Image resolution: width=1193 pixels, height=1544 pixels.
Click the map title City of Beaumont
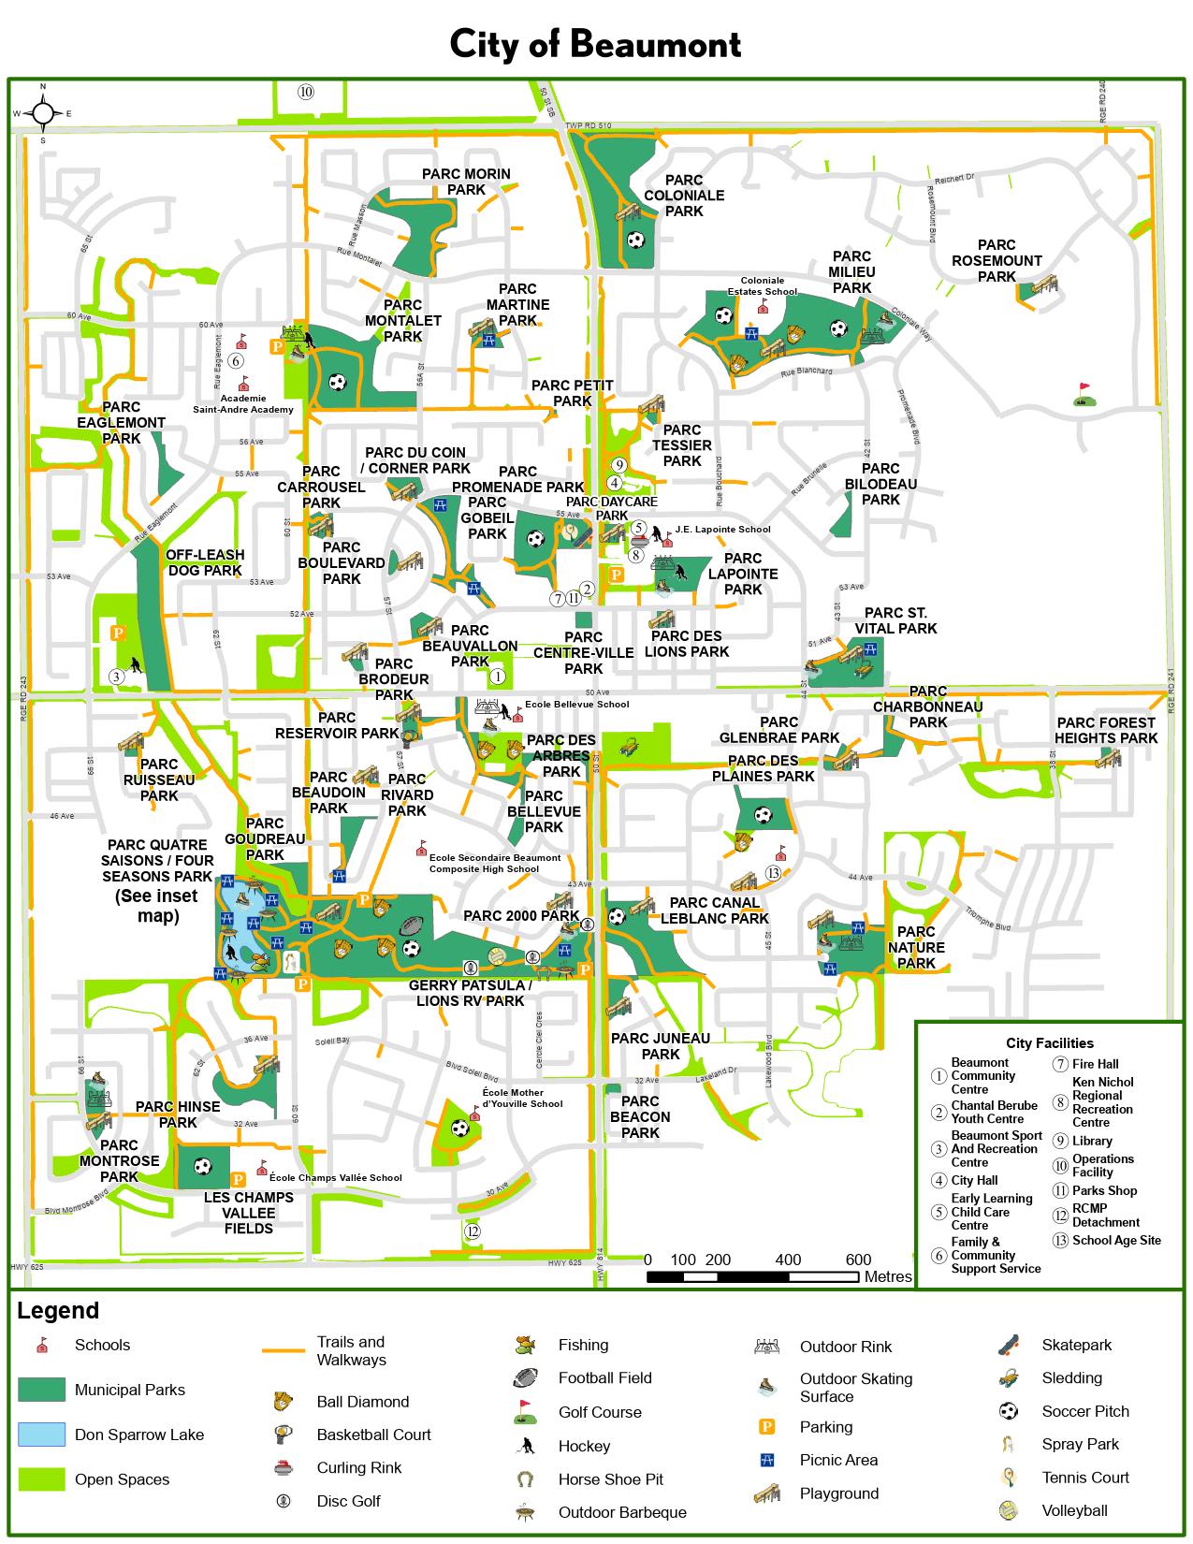[x=595, y=44]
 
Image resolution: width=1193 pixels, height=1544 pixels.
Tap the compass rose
[x=43, y=114]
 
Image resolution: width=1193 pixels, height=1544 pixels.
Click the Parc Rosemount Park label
[x=997, y=261]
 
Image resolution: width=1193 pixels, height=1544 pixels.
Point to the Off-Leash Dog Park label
[x=204, y=562]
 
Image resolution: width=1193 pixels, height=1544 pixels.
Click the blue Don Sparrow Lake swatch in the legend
[x=41, y=1435]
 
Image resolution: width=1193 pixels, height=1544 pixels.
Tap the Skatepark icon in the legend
[x=1008, y=1345]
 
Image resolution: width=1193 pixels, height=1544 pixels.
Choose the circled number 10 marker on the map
[x=305, y=92]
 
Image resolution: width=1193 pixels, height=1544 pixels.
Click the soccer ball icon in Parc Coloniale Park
[x=636, y=240]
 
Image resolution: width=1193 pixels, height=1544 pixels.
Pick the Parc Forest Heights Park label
[x=1106, y=730]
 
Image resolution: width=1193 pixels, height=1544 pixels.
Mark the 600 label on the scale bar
[x=858, y=1260]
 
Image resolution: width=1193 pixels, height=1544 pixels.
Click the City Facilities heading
[x=1049, y=1042]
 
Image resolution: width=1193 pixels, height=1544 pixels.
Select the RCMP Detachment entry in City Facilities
[x=1105, y=1215]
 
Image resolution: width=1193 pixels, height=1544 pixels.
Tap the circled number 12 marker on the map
[x=473, y=1231]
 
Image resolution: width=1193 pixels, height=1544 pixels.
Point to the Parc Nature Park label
[x=916, y=947]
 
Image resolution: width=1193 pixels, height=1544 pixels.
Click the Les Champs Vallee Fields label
[x=249, y=1213]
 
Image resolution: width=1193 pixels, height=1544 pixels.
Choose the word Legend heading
[x=58, y=1311]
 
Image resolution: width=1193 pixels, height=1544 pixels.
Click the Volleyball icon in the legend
[x=1008, y=1510]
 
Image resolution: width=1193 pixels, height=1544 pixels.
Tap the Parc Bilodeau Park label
[x=880, y=484]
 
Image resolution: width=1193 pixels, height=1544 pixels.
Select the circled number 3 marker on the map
[x=116, y=676]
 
